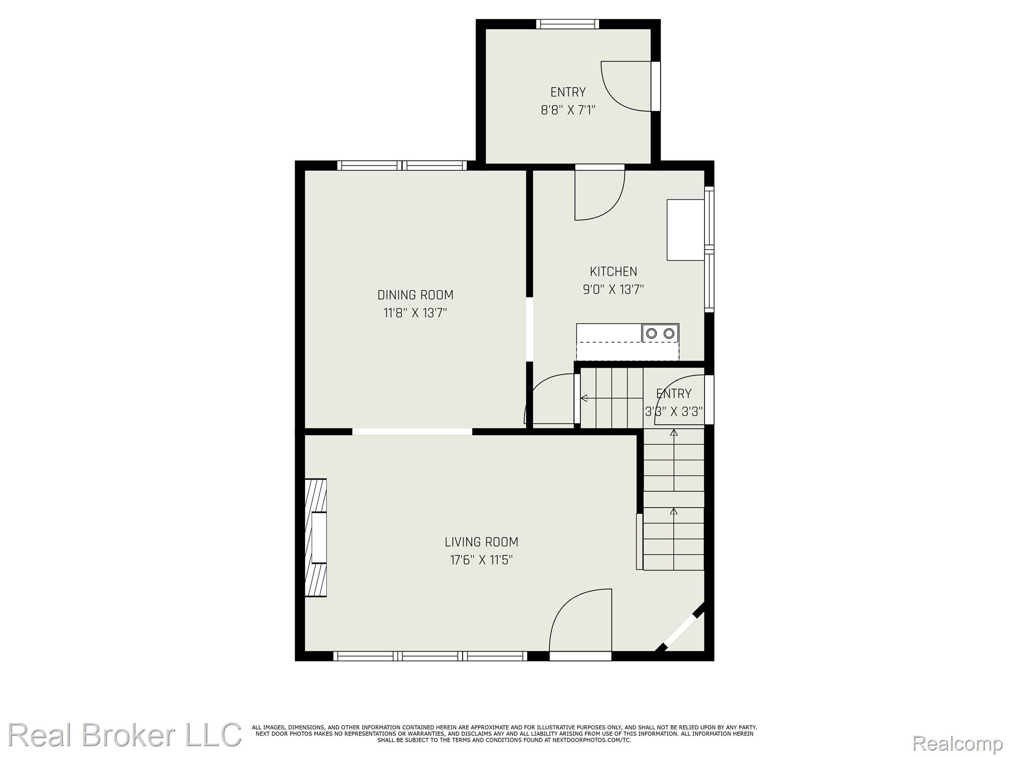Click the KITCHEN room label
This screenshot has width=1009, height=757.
[x=613, y=271]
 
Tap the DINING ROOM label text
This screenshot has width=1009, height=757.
[x=415, y=295]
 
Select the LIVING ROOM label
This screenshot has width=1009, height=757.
[x=481, y=542]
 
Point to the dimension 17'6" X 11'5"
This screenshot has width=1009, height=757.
[x=481, y=560]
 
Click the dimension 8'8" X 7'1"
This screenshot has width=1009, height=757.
[x=568, y=110]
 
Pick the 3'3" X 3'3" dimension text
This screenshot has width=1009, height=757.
[x=674, y=412]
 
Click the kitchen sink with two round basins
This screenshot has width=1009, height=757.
[x=660, y=333]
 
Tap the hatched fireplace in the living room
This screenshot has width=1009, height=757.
[x=316, y=538]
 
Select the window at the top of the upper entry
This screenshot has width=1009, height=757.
[x=568, y=24]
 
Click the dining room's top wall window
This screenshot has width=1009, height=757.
[x=402, y=166]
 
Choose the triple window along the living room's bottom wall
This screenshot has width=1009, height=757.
[x=430, y=656]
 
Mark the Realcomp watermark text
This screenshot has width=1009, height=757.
[x=958, y=744]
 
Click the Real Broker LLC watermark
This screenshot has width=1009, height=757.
[x=125, y=735]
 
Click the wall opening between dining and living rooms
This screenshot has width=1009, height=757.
[x=412, y=432]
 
